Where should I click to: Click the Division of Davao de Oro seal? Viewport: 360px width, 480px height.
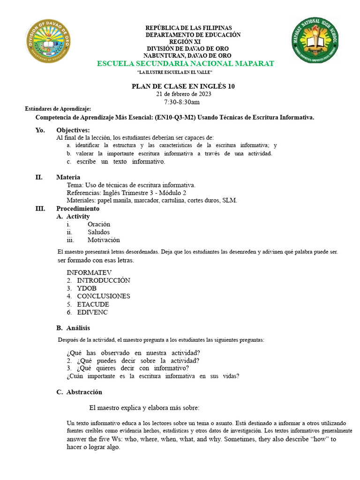point(49,45)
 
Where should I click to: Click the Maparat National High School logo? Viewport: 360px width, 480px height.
point(315,40)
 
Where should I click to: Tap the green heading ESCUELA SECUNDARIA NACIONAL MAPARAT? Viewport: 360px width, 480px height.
point(185,63)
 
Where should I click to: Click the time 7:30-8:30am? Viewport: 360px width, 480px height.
point(182,102)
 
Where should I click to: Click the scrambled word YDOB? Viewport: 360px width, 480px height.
point(87,288)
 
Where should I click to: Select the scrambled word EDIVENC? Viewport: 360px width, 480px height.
point(92,312)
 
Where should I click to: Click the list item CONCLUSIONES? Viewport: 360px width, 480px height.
point(104,296)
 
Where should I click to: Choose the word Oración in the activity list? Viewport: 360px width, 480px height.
point(98,224)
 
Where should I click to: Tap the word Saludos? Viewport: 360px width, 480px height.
point(98,232)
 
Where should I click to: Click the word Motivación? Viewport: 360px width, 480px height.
point(104,240)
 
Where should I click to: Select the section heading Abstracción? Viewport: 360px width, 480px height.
point(84,392)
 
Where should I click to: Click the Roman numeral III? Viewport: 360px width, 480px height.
point(40,208)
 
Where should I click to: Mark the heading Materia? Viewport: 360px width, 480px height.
point(68,177)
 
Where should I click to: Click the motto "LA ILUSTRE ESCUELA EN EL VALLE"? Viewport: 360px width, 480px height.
point(175,72)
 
